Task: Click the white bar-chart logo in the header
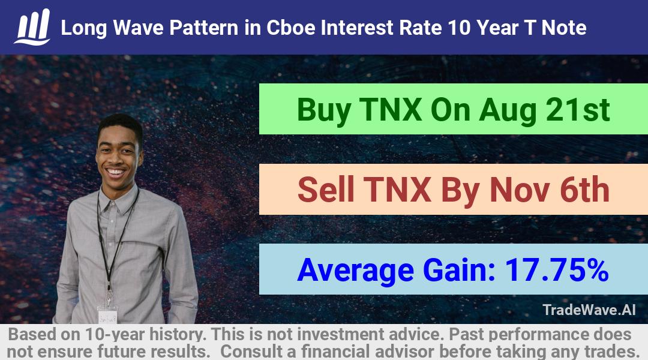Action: (32, 27)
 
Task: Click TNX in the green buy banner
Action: (391, 110)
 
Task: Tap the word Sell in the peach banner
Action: (326, 190)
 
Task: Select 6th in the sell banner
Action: (585, 190)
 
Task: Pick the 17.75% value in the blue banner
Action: (557, 269)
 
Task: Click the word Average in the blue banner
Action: (355, 271)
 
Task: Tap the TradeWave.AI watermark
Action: (589, 310)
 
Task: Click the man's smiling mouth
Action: (116, 172)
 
